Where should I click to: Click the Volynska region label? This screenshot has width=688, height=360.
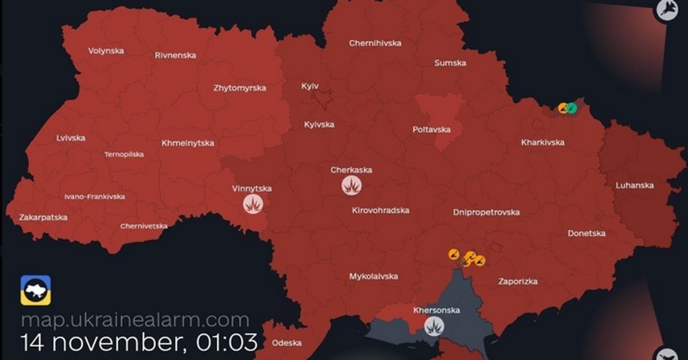[x=106, y=50]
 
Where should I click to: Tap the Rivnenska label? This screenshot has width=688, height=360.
[x=175, y=56]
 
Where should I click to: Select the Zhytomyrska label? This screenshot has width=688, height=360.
[x=240, y=88]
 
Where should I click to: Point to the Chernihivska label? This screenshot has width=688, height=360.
[x=376, y=43]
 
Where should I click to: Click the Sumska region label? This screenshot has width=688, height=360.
[x=450, y=63]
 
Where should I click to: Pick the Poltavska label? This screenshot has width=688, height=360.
[x=431, y=130]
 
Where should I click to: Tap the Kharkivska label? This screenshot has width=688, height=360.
[x=543, y=142]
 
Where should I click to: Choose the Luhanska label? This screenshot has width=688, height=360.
[x=635, y=185]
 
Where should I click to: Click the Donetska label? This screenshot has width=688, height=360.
[x=587, y=233]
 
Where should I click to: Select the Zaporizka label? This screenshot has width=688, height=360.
[x=518, y=281]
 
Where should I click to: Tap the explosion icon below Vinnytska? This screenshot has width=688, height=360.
[x=252, y=204]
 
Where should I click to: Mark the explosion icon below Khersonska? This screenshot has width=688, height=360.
[x=435, y=327]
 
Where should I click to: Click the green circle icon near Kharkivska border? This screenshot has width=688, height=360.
[x=572, y=107]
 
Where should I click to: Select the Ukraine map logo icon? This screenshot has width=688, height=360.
[x=36, y=290]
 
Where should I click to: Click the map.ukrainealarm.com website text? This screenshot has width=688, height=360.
[x=135, y=319]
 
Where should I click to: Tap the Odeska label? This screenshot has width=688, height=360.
[x=287, y=343]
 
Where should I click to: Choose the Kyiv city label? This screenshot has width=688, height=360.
[x=310, y=86]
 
